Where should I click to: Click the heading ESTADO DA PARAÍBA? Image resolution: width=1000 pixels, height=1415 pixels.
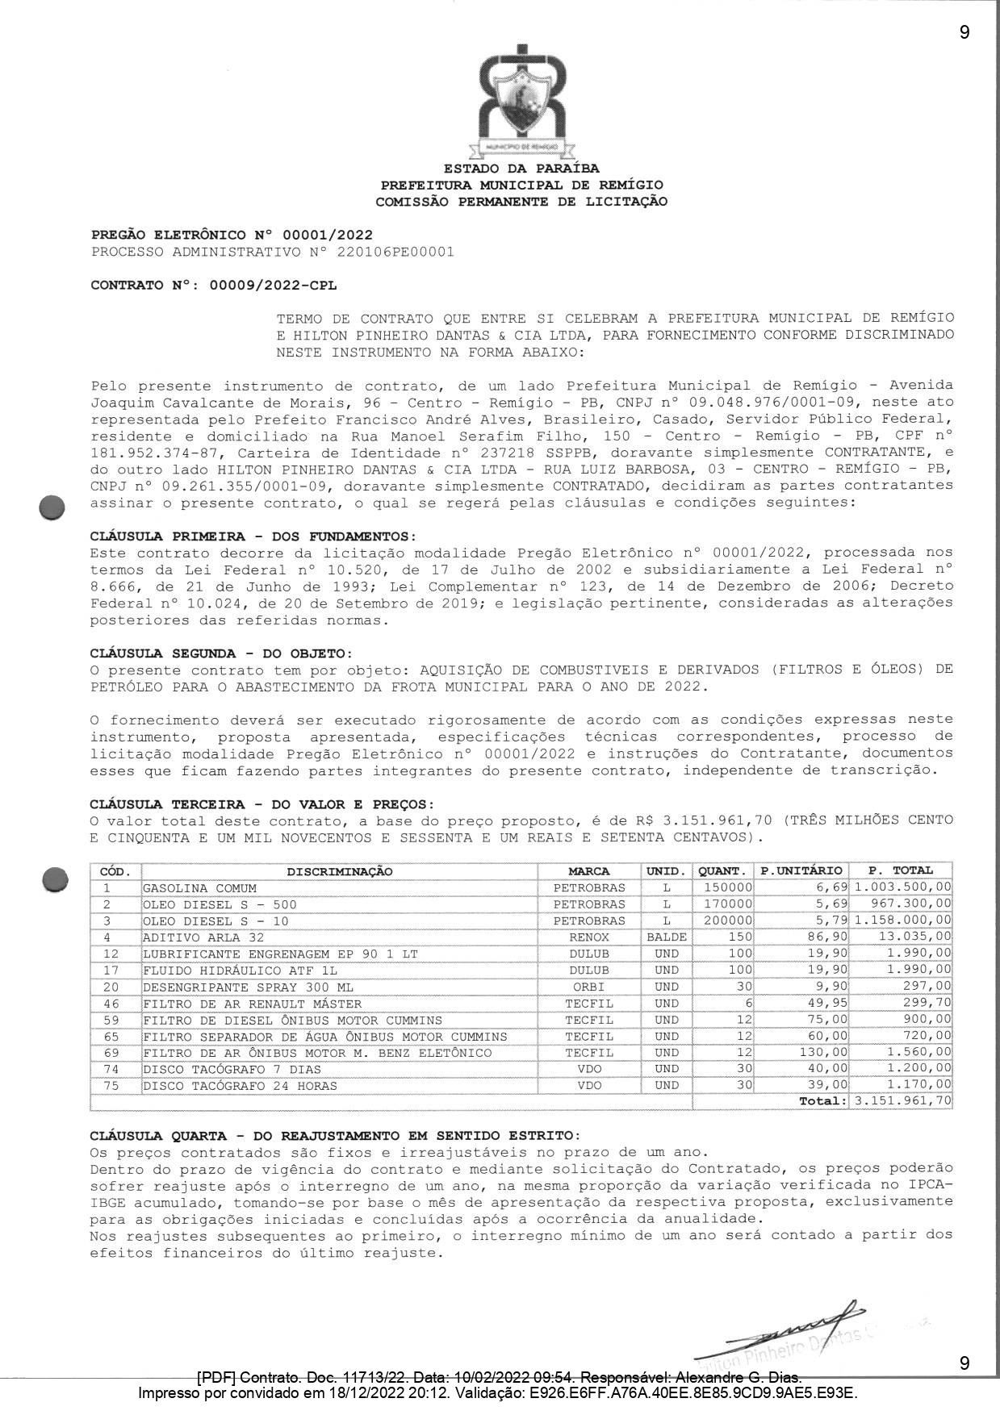click(521, 169)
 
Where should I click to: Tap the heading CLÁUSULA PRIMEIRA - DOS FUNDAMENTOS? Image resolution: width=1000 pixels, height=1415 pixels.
click(253, 536)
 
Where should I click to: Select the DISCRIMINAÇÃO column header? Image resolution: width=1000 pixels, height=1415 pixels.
click(340, 871)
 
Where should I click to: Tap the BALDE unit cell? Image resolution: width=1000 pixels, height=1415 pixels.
click(667, 937)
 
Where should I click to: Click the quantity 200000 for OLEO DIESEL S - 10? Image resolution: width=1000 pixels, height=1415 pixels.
click(724, 921)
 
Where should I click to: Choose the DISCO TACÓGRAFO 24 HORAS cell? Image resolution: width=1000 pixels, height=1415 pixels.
click(240, 1086)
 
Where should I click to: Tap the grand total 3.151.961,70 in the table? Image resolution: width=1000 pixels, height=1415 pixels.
click(902, 1101)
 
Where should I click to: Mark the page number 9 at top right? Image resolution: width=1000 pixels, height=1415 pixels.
click(964, 32)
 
